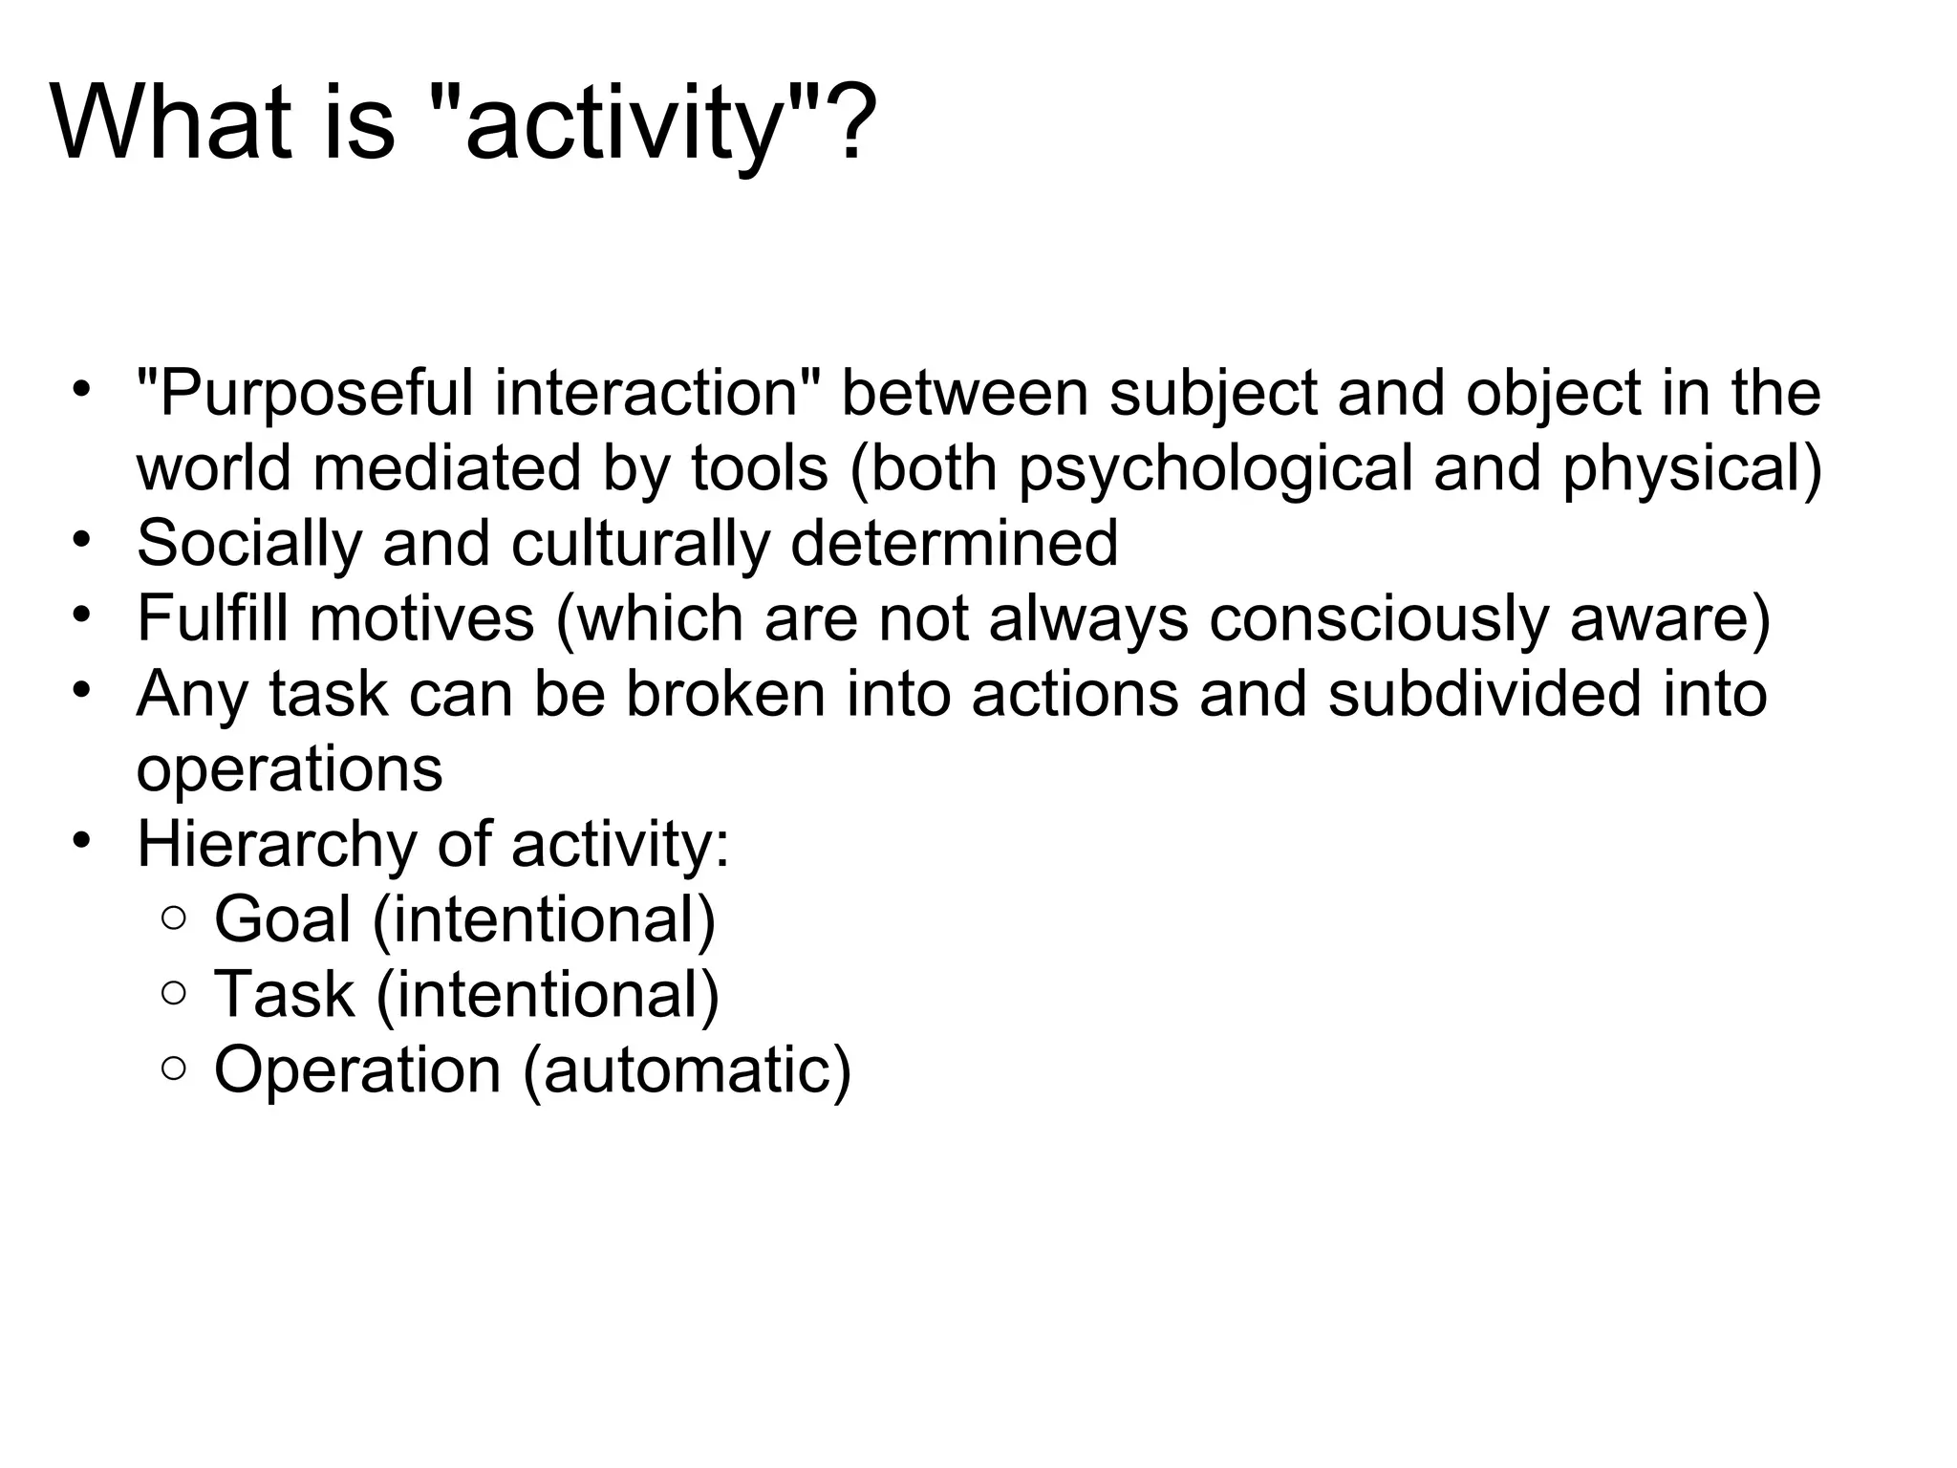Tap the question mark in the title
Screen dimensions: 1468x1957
(x=849, y=124)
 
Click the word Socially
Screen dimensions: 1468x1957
(x=249, y=543)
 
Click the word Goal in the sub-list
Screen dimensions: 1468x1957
(x=283, y=919)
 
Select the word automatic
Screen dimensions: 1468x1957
(x=686, y=1069)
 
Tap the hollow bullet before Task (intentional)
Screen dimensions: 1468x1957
(x=174, y=994)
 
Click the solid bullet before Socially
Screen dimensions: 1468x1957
(x=82, y=539)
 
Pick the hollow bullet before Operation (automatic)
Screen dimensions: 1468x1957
(x=174, y=1069)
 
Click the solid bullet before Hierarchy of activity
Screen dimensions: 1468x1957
(x=82, y=841)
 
